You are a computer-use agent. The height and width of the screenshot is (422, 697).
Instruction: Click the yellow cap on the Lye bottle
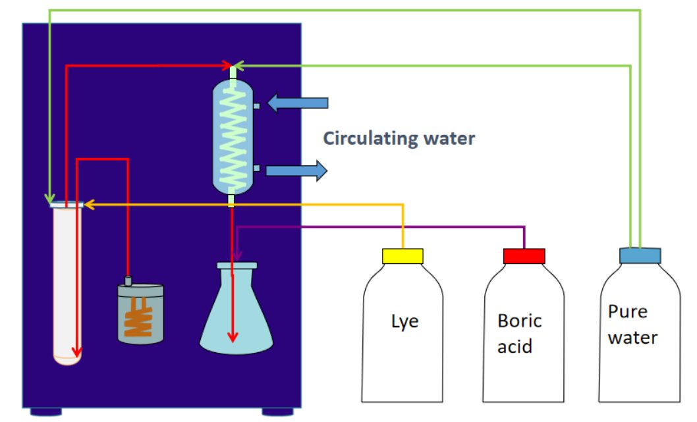(403, 256)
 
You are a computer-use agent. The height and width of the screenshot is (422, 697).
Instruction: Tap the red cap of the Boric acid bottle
(524, 256)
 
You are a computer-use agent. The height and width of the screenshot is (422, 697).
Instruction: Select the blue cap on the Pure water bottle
(640, 255)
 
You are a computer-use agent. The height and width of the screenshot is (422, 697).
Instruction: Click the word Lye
(405, 322)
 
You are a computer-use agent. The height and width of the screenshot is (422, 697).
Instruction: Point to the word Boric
(520, 321)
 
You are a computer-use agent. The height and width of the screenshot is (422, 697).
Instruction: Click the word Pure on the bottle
(627, 311)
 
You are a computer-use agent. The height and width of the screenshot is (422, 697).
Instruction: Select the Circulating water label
(399, 139)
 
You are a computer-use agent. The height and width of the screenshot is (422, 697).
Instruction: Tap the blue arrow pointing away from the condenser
(296, 171)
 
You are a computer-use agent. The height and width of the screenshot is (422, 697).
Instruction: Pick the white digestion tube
(67, 283)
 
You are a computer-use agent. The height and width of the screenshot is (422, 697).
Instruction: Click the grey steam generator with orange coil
(140, 313)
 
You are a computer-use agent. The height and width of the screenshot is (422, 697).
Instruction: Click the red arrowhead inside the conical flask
(232, 336)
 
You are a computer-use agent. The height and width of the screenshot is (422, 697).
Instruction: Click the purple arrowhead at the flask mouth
(237, 255)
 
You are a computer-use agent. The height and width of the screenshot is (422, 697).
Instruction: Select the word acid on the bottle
(514, 346)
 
